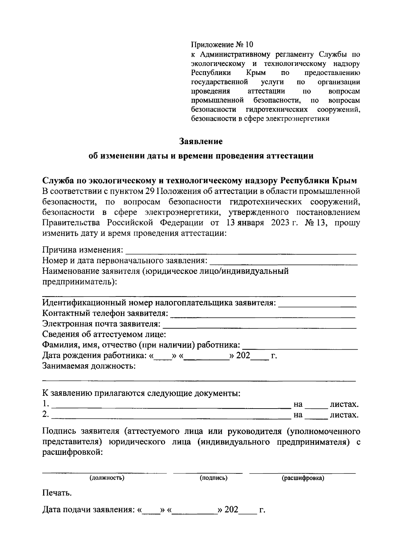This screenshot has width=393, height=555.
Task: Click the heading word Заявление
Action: (x=201, y=142)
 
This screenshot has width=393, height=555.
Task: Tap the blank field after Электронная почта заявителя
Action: (x=259, y=326)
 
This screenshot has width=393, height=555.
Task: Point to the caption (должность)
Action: (x=107, y=478)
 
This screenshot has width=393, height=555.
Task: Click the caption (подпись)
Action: (x=214, y=478)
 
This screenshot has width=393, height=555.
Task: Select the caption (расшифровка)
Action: (x=303, y=478)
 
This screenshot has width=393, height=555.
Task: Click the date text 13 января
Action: (x=245, y=223)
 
